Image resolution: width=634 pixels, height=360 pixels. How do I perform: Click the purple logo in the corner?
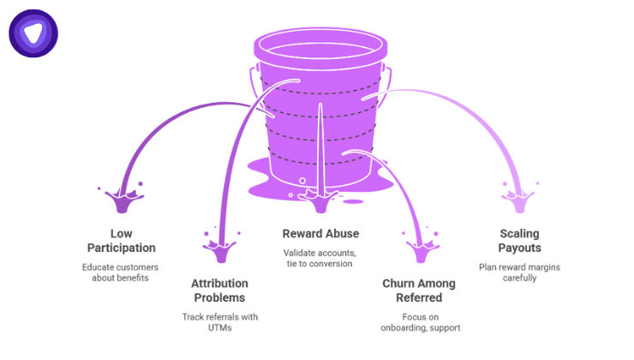(33, 33)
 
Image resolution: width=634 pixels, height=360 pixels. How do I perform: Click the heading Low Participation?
(122, 241)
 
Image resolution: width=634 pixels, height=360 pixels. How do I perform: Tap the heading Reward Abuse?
(320, 233)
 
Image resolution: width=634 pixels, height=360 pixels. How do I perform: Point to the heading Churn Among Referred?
(419, 291)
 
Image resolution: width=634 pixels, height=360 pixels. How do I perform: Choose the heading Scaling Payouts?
(519, 241)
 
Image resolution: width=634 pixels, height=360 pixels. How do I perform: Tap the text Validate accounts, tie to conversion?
(320, 258)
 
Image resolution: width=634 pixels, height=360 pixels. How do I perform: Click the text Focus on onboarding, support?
(419, 322)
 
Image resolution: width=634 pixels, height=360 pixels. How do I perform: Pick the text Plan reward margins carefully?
(519, 273)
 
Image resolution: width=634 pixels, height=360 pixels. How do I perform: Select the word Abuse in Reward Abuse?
(343, 233)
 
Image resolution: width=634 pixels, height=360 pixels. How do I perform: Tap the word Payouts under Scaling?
(519, 248)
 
